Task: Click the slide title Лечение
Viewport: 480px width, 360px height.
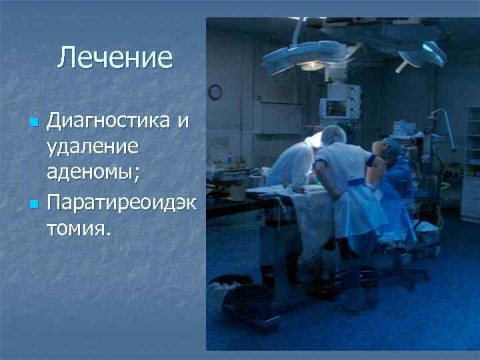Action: pyautogui.click(x=115, y=58)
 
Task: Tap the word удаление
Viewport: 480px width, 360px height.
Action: pyautogui.click(x=93, y=148)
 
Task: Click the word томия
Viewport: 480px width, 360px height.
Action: pyautogui.click(x=79, y=229)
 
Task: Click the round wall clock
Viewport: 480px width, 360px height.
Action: pyautogui.click(x=215, y=92)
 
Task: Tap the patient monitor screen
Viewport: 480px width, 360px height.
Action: pyautogui.click(x=333, y=107)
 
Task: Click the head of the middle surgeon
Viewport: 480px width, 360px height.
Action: pyautogui.click(x=333, y=134)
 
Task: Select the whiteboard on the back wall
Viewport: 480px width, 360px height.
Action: pyautogui.click(x=278, y=116)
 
